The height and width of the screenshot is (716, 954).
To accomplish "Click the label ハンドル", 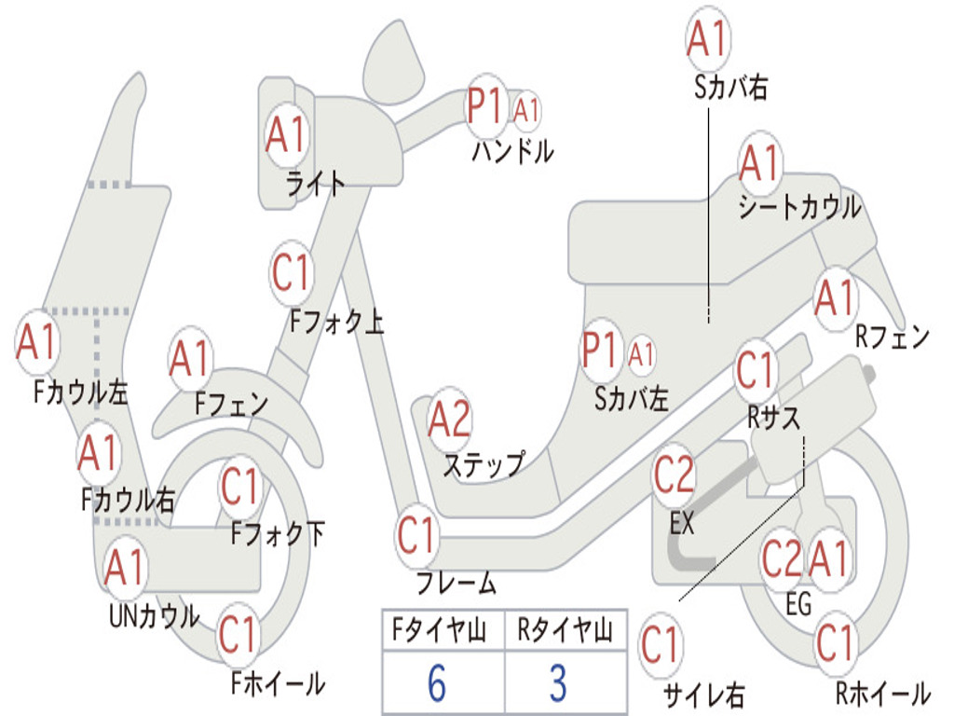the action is [511, 150].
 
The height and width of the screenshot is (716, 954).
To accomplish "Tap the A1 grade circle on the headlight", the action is [285, 136].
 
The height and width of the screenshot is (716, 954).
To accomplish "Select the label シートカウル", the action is [799, 208].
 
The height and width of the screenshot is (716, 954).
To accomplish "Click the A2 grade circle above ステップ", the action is [449, 421].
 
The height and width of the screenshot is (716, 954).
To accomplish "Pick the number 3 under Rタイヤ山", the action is [558, 683].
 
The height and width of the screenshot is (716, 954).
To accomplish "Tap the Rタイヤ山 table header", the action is [565, 632].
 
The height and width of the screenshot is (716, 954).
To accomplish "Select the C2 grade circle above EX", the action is [674, 475].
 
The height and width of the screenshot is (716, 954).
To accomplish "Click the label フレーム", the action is [457, 585].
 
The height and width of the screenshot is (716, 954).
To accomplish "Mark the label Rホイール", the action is [881, 694].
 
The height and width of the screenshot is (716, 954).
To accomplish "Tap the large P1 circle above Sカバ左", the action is [600, 353].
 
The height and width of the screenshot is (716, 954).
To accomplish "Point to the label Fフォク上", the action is [336, 323].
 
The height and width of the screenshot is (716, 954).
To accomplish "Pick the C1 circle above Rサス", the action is [756, 371].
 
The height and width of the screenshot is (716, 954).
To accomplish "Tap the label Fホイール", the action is [278, 684].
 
